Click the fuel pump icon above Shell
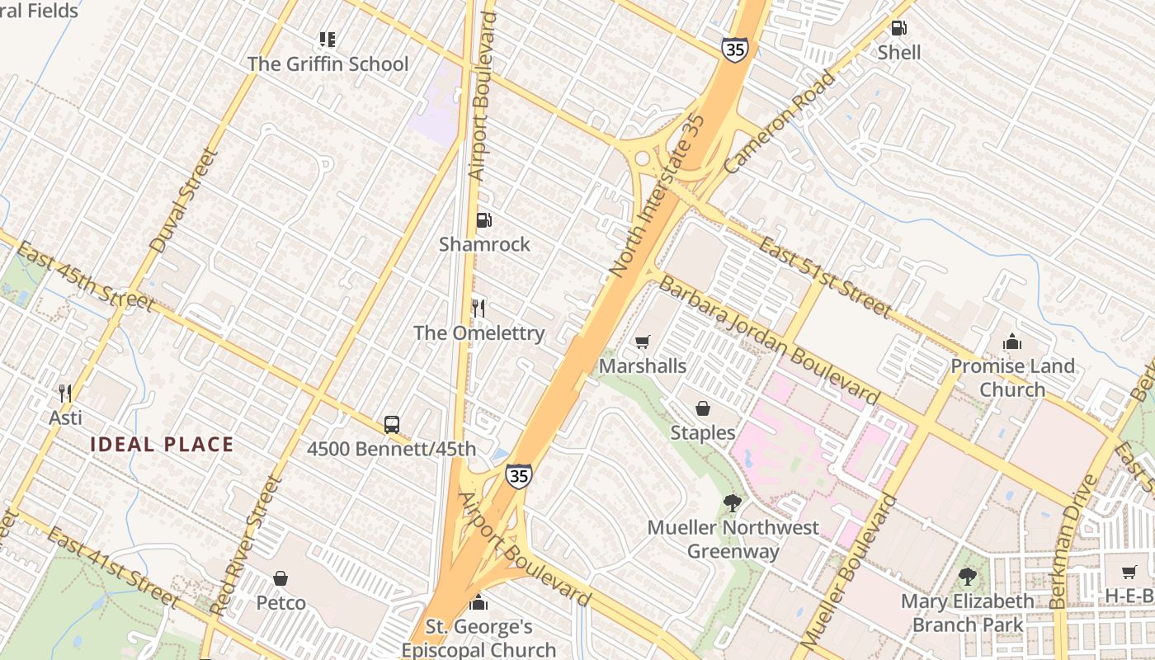898,28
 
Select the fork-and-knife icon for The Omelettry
478,309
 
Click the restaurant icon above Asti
65,394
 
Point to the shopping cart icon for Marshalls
643,342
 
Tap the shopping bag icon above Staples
702,408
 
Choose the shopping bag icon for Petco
280,578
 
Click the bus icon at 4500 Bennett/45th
392,425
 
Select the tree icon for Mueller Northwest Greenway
732,502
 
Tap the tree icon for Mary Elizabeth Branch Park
967,577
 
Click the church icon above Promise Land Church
1012,342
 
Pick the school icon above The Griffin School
328,40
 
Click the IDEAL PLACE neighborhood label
162,445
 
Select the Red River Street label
246,545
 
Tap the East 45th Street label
85,276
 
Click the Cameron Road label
780,122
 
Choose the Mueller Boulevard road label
848,571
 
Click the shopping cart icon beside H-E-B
1129,572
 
